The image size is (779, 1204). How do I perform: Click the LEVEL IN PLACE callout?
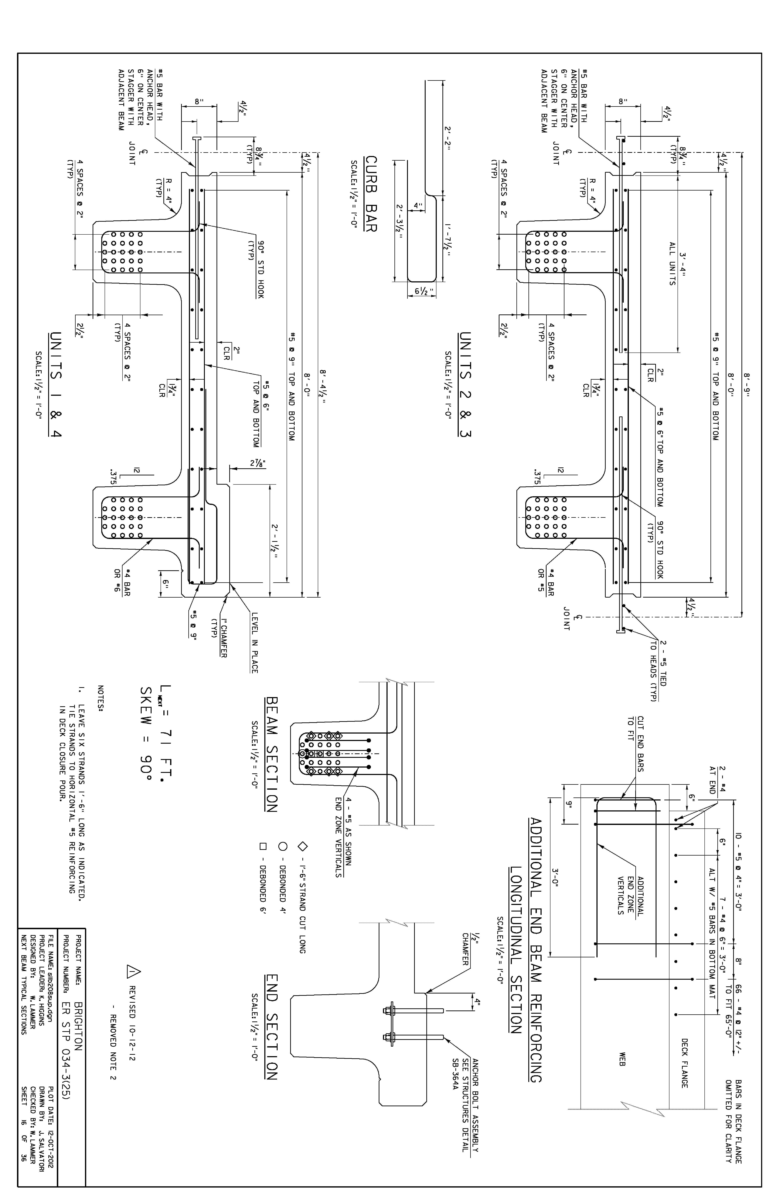[x=254, y=643]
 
